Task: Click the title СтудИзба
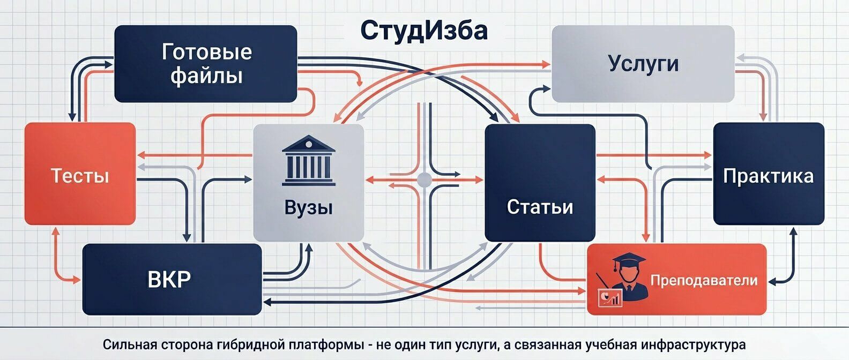423,31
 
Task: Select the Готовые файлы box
206,64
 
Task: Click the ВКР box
172,279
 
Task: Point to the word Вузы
308,207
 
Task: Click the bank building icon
308,160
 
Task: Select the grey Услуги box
643,63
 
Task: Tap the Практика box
768,174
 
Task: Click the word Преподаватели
704,280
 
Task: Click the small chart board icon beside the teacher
610,296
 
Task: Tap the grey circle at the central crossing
424,179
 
